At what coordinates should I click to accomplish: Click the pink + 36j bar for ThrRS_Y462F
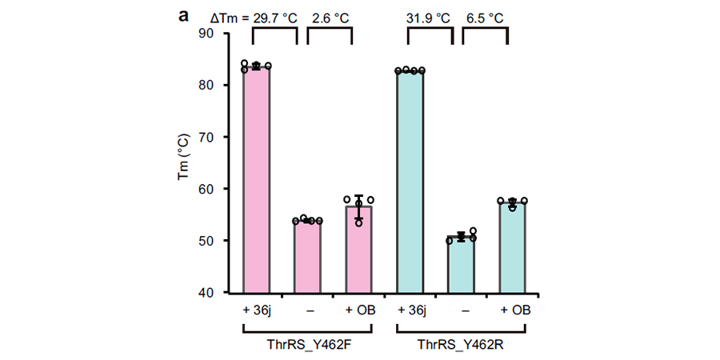tap(257, 179)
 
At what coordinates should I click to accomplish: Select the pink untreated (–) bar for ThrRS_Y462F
tap(308, 256)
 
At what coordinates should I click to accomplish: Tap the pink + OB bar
tap(359, 250)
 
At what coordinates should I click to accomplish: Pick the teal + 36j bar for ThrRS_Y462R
tap(410, 182)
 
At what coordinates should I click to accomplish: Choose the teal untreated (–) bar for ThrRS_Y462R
tap(462, 265)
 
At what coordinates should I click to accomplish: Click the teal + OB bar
tap(513, 247)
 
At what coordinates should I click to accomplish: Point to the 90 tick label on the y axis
tap(212, 34)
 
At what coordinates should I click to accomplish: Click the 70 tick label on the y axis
tap(212, 137)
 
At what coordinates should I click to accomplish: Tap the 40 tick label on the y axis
tap(212, 292)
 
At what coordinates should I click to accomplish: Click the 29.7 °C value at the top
tap(275, 18)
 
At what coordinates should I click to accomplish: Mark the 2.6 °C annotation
tap(330, 18)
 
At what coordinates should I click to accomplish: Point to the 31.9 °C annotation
tap(428, 18)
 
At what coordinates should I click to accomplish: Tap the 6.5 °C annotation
tap(485, 18)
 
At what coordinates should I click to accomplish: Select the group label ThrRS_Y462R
tap(462, 344)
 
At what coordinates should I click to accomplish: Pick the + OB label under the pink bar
tap(360, 310)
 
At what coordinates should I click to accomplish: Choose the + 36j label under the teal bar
tap(411, 310)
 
